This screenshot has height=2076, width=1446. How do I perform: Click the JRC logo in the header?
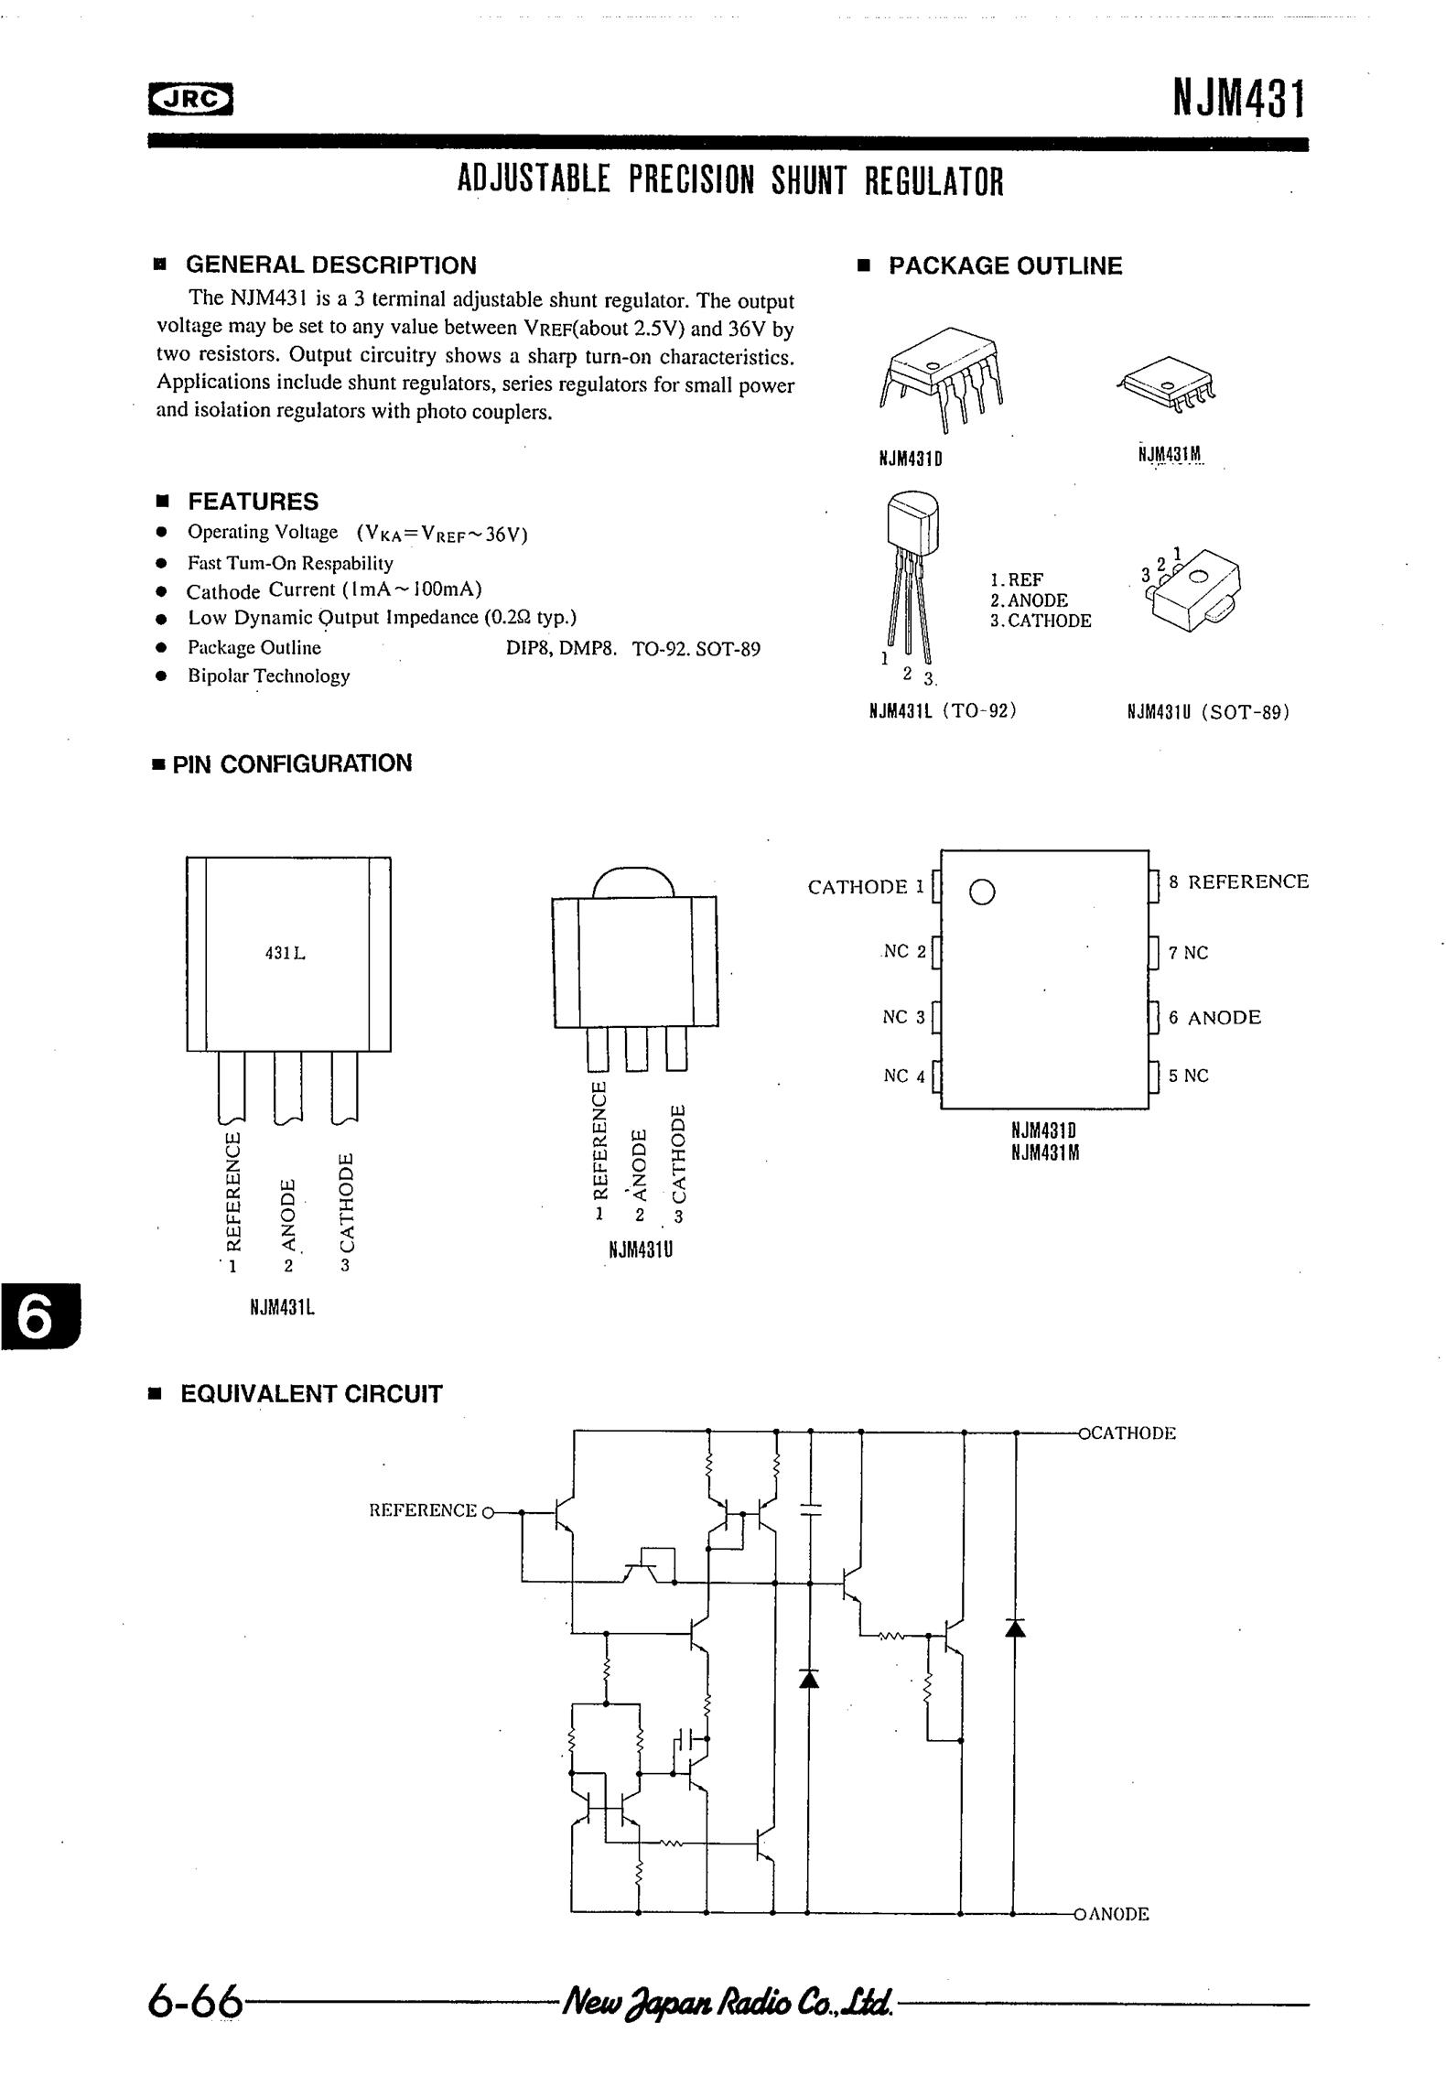click(190, 101)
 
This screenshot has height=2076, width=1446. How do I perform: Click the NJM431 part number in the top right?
click(1239, 99)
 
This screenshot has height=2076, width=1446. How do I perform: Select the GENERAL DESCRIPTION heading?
click(330, 265)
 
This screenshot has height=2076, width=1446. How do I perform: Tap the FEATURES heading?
click(253, 502)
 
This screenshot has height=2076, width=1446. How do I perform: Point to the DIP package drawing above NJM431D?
click(941, 378)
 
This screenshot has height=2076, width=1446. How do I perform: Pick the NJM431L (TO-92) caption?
click(943, 710)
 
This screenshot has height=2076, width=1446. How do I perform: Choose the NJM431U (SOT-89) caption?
click(1208, 711)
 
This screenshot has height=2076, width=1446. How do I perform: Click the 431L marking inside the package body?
click(285, 953)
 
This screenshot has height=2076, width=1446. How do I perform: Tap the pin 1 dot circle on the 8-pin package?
click(981, 892)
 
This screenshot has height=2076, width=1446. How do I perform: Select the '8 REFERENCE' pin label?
click(1238, 881)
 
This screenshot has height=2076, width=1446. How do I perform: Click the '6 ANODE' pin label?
click(1214, 1017)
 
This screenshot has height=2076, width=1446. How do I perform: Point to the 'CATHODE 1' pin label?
click(866, 886)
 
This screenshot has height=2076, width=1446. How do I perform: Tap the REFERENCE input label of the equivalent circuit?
click(423, 1510)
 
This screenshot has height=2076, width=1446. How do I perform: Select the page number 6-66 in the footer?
click(195, 2002)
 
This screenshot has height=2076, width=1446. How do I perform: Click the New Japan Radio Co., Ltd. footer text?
click(728, 2001)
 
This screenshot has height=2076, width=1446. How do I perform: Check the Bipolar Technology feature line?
click(269, 676)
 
